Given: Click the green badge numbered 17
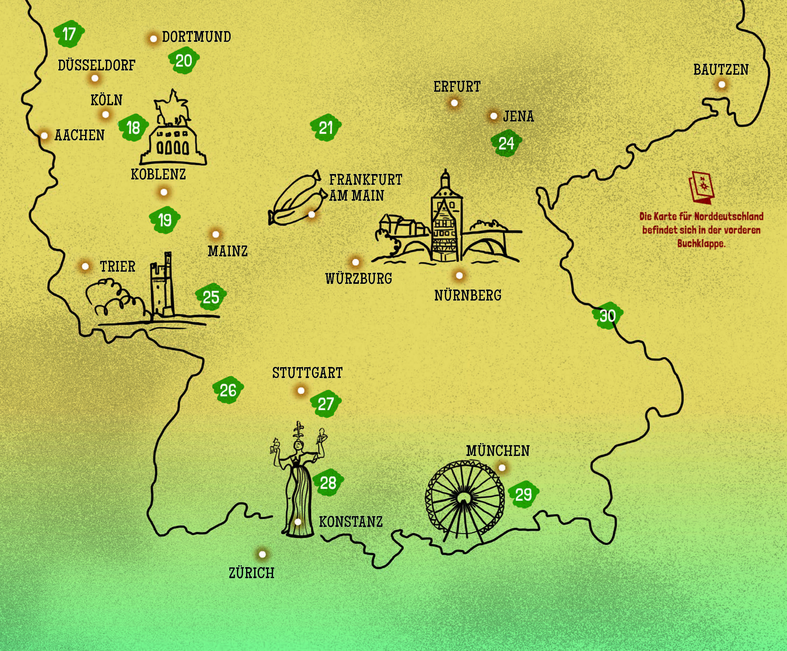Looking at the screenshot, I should [x=69, y=34].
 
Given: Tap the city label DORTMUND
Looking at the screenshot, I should [x=196, y=37].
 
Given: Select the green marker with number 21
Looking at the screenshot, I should [x=326, y=128].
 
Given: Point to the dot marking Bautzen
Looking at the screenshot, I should [x=722, y=85].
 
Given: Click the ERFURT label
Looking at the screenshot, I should [x=457, y=87].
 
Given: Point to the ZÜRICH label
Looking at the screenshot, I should [x=251, y=573].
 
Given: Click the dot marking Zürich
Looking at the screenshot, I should [x=262, y=554].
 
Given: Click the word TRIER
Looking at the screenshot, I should [x=117, y=267].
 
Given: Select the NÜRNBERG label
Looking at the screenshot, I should [x=468, y=296].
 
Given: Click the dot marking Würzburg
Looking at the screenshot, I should [x=356, y=262].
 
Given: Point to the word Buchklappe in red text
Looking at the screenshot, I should [x=701, y=244].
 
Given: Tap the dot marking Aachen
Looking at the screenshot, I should [x=44, y=135].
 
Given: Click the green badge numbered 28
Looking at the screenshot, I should [x=328, y=483].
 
